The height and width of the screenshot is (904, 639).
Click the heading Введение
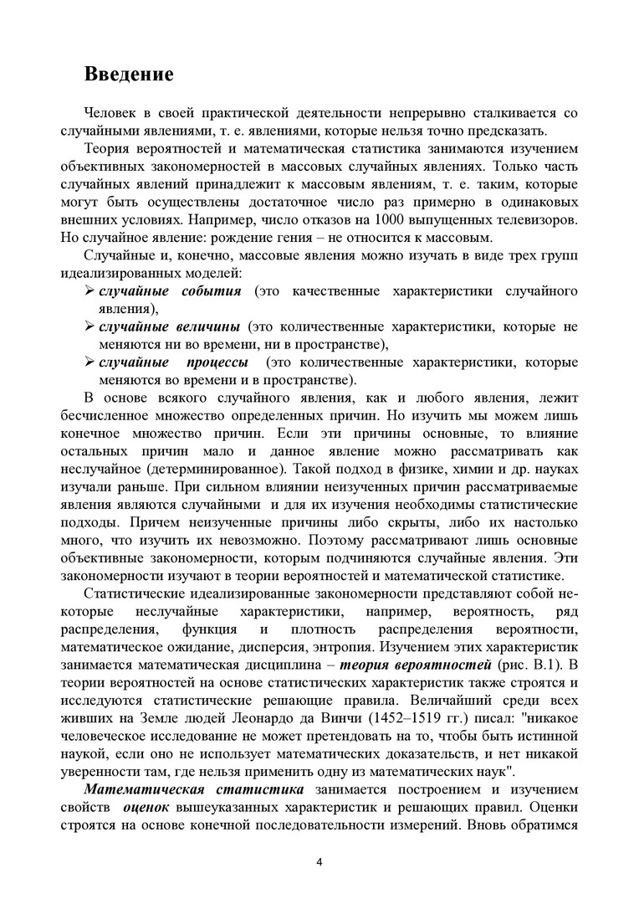[129, 74]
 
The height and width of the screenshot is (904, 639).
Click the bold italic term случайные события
[170, 290]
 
